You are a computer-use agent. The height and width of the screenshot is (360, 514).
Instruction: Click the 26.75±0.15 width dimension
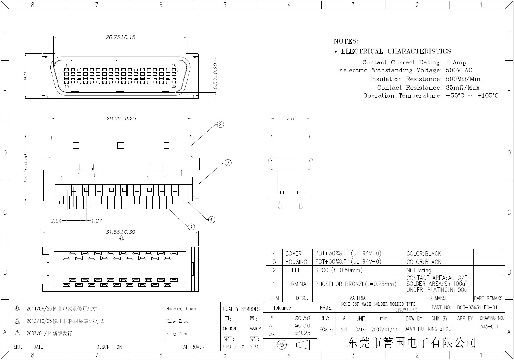[x=120, y=37]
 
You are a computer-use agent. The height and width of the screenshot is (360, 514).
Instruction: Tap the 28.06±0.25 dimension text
[x=121, y=118]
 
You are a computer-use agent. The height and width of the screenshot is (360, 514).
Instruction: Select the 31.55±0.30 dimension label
[x=120, y=232]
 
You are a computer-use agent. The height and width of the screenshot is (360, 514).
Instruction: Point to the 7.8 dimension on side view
[x=290, y=118]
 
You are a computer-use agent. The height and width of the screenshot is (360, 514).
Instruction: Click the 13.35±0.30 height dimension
[x=25, y=168]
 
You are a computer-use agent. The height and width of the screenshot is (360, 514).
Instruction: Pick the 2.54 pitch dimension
[x=56, y=221]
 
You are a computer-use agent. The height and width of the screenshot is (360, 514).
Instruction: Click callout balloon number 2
[x=220, y=125]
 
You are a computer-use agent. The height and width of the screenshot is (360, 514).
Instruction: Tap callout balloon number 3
[x=228, y=163]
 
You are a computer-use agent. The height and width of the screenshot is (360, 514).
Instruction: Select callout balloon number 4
[x=211, y=220]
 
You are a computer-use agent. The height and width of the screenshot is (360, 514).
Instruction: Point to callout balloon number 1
[x=192, y=227]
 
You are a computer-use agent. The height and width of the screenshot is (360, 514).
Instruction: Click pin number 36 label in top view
[x=174, y=86]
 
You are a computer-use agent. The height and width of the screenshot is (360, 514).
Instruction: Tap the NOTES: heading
[x=346, y=41]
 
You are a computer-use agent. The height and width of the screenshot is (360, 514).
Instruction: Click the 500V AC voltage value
[x=459, y=70]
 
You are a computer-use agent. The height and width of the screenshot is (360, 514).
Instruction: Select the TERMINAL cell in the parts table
[x=297, y=284]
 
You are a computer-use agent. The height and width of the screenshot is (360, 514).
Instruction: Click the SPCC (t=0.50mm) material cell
[x=339, y=270]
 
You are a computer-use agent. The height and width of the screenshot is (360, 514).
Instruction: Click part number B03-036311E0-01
[x=477, y=307]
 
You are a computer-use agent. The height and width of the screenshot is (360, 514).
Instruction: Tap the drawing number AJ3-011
[x=489, y=326]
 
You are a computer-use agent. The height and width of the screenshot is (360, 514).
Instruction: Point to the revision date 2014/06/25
[x=39, y=309]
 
